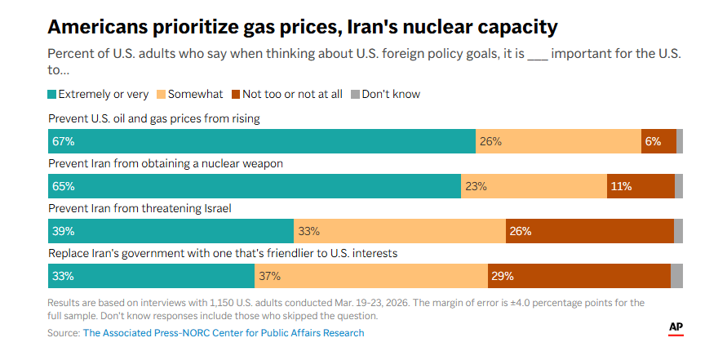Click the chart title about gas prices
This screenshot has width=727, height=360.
pyautogui.click(x=303, y=27)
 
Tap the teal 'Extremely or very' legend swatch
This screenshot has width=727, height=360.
pyautogui.click(x=53, y=94)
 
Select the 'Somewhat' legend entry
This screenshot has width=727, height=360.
pyautogui.click(x=189, y=94)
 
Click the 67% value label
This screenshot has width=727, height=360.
pyautogui.click(x=63, y=141)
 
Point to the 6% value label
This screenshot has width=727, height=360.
pyautogui.click(x=653, y=141)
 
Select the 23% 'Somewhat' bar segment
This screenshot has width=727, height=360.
pyautogui.click(x=534, y=186)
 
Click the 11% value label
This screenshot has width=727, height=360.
pyautogui.click(x=621, y=186)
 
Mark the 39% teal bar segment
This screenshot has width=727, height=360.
pyautogui.click(x=171, y=231)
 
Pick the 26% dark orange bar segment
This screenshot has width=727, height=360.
pyautogui.click(x=589, y=231)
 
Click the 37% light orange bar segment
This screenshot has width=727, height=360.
pyautogui.click(x=371, y=276)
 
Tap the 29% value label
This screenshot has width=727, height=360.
pyautogui.click(x=502, y=276)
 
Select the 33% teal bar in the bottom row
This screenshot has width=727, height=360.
pyautogui.click(x=151, y=276)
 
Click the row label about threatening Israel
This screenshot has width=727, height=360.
pyautogui.click(x=140, y=208)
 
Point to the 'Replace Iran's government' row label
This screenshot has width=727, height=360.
pyautogui.click(x=223, y=253)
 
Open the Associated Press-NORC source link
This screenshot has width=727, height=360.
pyautogui.click(x=224, y=333)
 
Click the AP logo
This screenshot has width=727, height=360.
pyautogui.click(x=676, y=327)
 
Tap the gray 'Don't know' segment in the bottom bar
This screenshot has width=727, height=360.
pyautogui.click(x=676, y=276)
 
